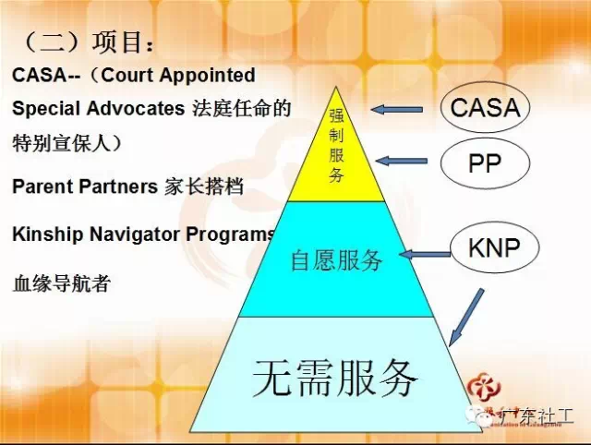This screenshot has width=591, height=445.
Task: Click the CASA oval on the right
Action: (x=485, y=108)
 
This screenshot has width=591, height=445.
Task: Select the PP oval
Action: (x=484, y=163)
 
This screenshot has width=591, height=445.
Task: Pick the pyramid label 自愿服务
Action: (x=336, y=259)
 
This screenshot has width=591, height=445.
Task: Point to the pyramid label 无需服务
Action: (x=336, y=376)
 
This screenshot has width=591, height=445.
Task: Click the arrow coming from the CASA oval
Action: (x=397, y=110)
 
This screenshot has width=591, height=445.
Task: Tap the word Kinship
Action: (x=47, y=234)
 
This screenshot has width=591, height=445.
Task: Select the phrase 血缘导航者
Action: (x=61, y=283)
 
